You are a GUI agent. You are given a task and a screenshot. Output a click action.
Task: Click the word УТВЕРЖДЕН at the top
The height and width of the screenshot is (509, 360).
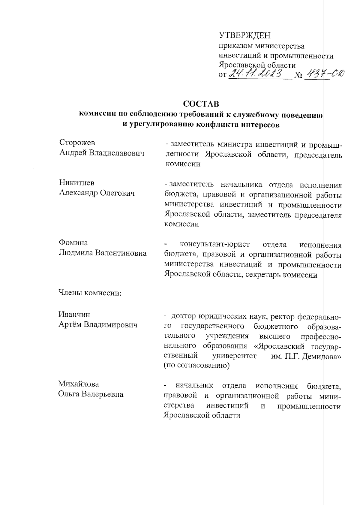pyautogui.click(x=244, y=35)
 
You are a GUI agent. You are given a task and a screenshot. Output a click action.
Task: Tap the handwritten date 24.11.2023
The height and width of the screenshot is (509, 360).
pyautogui.click(x=256, y=73)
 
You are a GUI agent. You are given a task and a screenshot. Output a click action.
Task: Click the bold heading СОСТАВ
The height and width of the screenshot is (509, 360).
pyautogui.click(x=201, y=104)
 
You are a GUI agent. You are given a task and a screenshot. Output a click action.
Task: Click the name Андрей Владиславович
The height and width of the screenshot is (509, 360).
pyautogui.click(x=102, y=153)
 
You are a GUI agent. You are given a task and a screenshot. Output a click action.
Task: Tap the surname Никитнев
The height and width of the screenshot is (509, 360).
pyautogui.click(x=76, y=182)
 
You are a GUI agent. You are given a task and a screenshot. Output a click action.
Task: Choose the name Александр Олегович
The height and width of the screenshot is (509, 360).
pyautogui.click(x=97, y=193)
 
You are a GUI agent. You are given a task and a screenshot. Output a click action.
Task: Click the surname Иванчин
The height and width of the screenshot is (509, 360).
pyautogui.click(x=74, y=315)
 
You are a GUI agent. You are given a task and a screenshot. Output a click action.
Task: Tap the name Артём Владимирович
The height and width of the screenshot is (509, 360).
pyautogui.click(x=98, y=325)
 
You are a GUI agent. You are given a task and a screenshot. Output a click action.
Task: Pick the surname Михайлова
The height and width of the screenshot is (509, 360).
pyautogui.click(x=78, y=384)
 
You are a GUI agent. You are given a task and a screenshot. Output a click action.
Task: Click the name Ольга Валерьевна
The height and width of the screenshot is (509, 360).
pyautogui.click(x=91, y=394)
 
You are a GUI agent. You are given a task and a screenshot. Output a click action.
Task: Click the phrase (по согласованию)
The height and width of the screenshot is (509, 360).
pyautogui.click(x=196, y=366)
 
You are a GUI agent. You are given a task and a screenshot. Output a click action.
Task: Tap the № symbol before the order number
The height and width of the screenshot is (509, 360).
pyautogui.click(x=298, y=74)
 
